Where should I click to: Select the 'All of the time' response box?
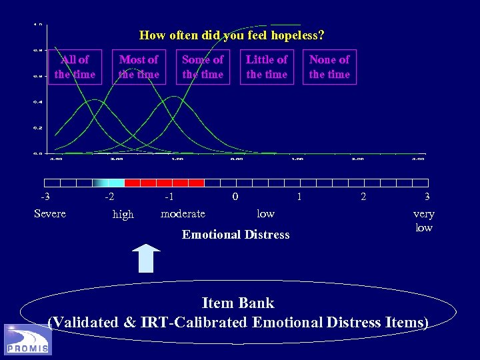click(x=75, y=67)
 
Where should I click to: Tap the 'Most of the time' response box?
click(x=139, y=67)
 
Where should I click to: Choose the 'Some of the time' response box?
click(x=203, y=67)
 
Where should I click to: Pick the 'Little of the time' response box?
click(x=267, y=67)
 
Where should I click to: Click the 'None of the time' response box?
click(x=329, y=67)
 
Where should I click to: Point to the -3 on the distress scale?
click(x=45, y=197)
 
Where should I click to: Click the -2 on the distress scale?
click(x=109, y=197)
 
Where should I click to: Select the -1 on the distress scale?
click(x=169, y=197)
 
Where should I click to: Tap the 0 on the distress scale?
click(x=235, y=197)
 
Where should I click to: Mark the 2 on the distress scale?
click(x=363, y=197)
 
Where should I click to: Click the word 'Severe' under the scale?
click(x=50, y=213)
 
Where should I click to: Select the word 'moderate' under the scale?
click(x=183, y=213)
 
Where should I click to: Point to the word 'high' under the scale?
click(x=123, y=214)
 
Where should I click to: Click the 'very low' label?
click(x=423, y=221)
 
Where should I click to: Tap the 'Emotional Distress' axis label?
click(x=236, y=235)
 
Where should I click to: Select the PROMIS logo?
click(x=27, y=339)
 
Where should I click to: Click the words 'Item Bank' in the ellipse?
click(x=238, y=303)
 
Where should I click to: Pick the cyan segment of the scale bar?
click(x=115, y=183)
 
